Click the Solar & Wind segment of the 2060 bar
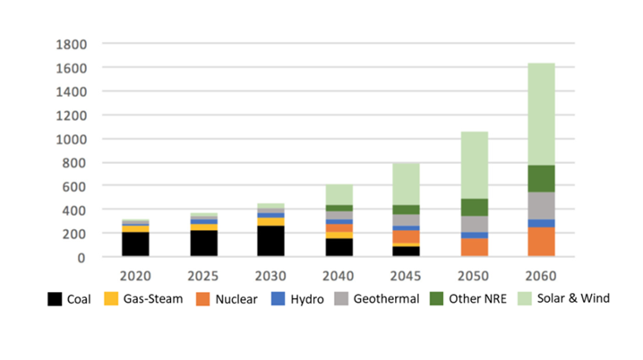(541, 114)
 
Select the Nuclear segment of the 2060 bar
(541, 242)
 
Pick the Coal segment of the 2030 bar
(270, 241)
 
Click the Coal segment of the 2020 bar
(136, 244)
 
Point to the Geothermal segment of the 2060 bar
(541, 206)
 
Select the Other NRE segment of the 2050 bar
(475, 207)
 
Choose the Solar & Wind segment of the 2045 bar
(406, 184)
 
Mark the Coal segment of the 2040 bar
(339, 247)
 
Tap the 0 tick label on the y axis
(81, 257)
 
